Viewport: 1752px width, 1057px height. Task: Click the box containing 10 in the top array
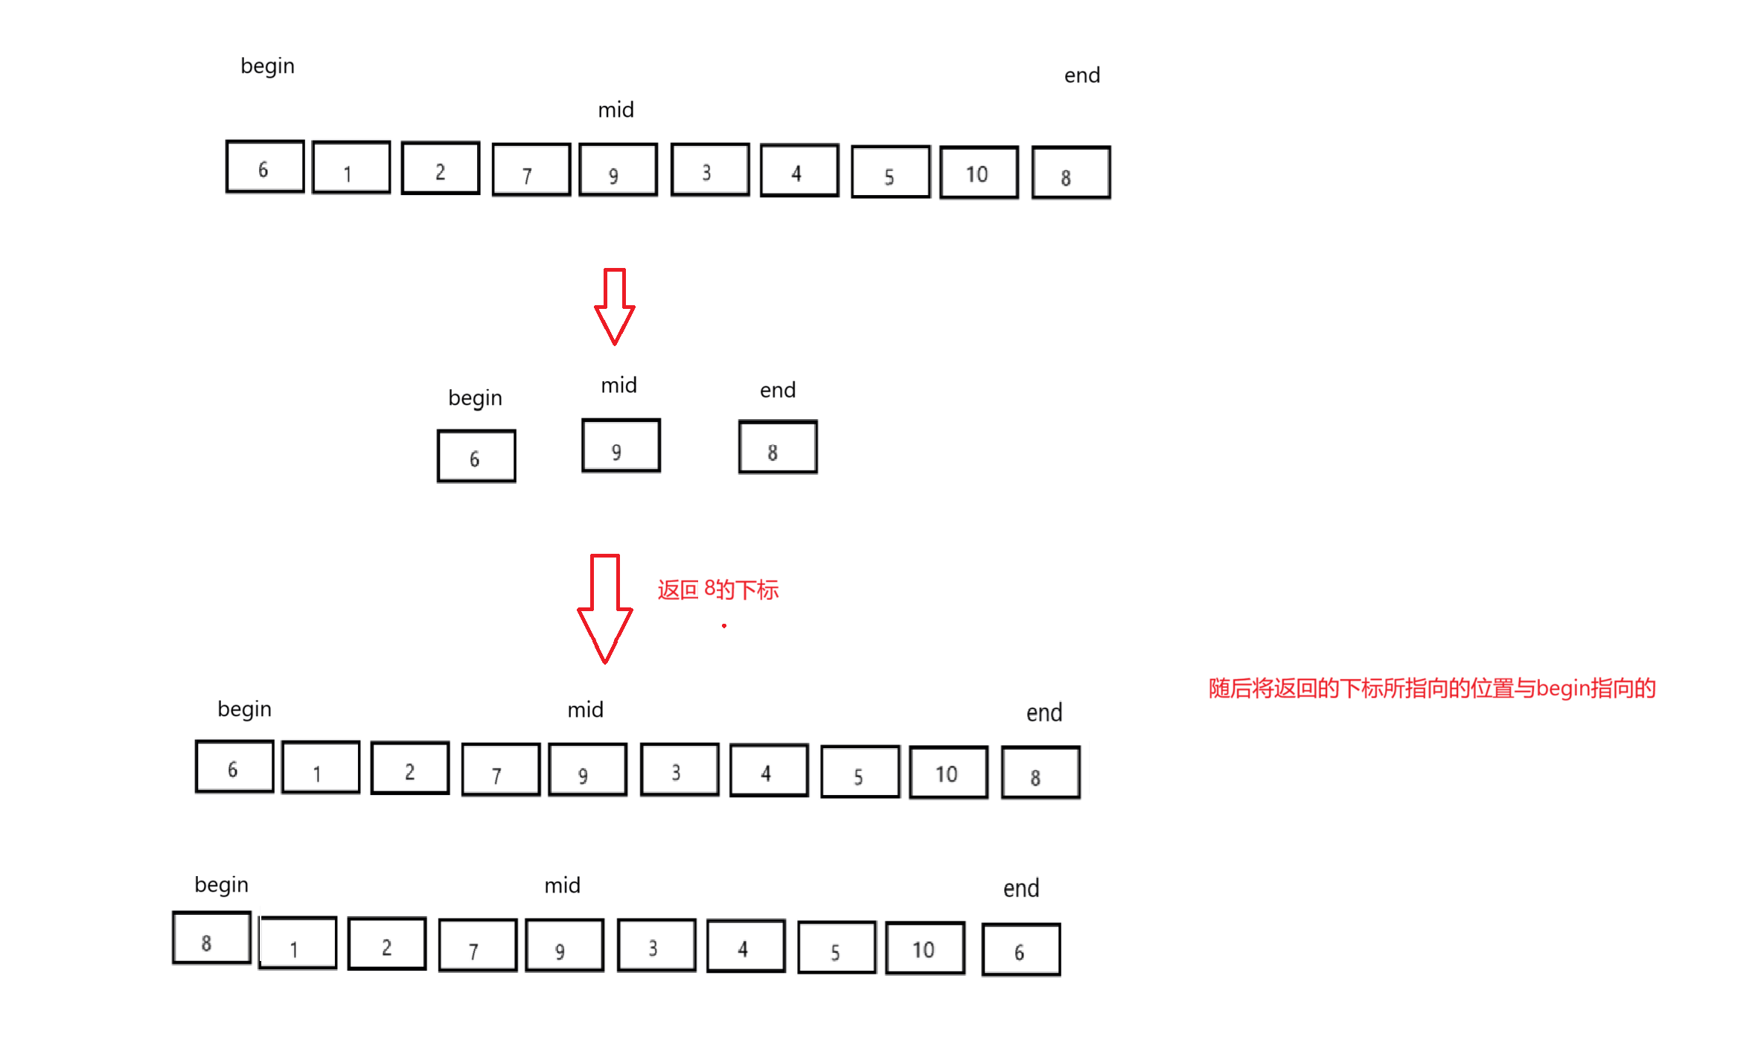(x=979, y=173)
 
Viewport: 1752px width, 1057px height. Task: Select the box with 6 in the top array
(x=265, y=167)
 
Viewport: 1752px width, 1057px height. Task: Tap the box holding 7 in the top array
(x=531, y=170)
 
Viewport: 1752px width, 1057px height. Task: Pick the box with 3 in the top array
(x=709, y=170)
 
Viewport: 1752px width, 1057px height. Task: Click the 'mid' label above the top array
(x=616, y=110)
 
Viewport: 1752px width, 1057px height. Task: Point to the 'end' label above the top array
(x=1081, y=75)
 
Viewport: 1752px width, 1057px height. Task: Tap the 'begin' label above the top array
(x=267, y=66)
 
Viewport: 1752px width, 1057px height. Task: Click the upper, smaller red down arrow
(x=614, y=306)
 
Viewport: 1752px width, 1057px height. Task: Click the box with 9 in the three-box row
(x=621, y=446)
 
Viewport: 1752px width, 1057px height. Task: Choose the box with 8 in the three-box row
(x=778, y=447)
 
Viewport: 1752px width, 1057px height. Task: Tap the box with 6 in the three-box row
(x=476, y=456)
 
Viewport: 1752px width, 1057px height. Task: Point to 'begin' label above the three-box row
(x=475, y=398)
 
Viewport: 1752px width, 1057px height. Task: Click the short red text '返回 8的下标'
(x=717, y=590)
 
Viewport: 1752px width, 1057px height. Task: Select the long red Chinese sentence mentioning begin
(x=1431, y=689)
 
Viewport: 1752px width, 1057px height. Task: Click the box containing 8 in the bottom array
(x=211, y=938)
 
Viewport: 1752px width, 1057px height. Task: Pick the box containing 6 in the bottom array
(x=1021, y=950)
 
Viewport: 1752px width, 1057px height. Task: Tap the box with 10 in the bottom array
(x=925, y=948)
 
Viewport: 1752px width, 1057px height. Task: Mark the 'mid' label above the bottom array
(x=562, y=886)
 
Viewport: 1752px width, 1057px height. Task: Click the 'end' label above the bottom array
(x=1020, y=889)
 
